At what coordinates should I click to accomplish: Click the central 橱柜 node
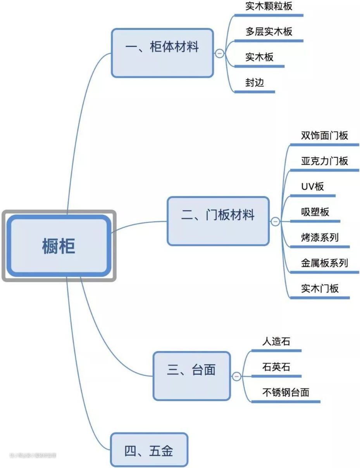pos(59,246)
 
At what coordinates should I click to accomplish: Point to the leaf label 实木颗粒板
pos(269,6)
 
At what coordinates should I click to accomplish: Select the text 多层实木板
pos(269,31)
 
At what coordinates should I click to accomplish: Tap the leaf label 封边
pos(255,82)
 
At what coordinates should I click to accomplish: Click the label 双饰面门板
pos(324,136)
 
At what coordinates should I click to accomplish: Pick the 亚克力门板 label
pos(324,161)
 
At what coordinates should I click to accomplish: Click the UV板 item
pos(312,187)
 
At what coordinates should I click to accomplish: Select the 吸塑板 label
pos(315,212)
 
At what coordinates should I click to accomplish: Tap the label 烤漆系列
pos(320,237)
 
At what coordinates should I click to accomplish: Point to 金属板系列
pos(324,263)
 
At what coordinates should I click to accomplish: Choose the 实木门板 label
pos(320,289)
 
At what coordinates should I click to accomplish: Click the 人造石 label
pos(276,342)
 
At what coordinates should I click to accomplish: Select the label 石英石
pos(276,367)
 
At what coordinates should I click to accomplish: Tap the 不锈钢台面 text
pos(286,392)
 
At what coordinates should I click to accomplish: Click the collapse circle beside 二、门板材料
pos(275,222)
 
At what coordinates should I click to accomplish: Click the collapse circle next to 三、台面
pos(236,376)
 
